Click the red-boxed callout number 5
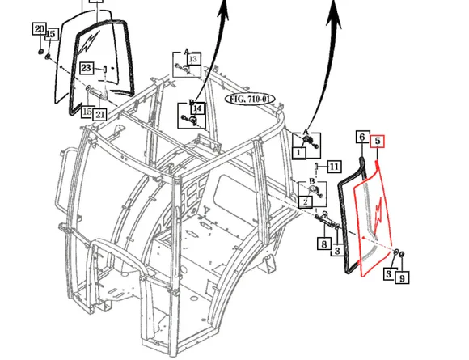[x=378, y=141]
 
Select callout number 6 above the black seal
[x=362, y=138]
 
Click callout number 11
[x=332, y=167]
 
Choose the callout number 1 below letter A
[x=298, y=151]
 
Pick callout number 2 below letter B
[x=306, y=200]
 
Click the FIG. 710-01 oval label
[x=250, y=99]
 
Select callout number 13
[x=192, y=59]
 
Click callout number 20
[x=39, y=30]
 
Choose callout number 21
[x=100, y=114]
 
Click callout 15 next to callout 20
[x=51, y=34]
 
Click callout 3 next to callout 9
[x=388, y=275]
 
